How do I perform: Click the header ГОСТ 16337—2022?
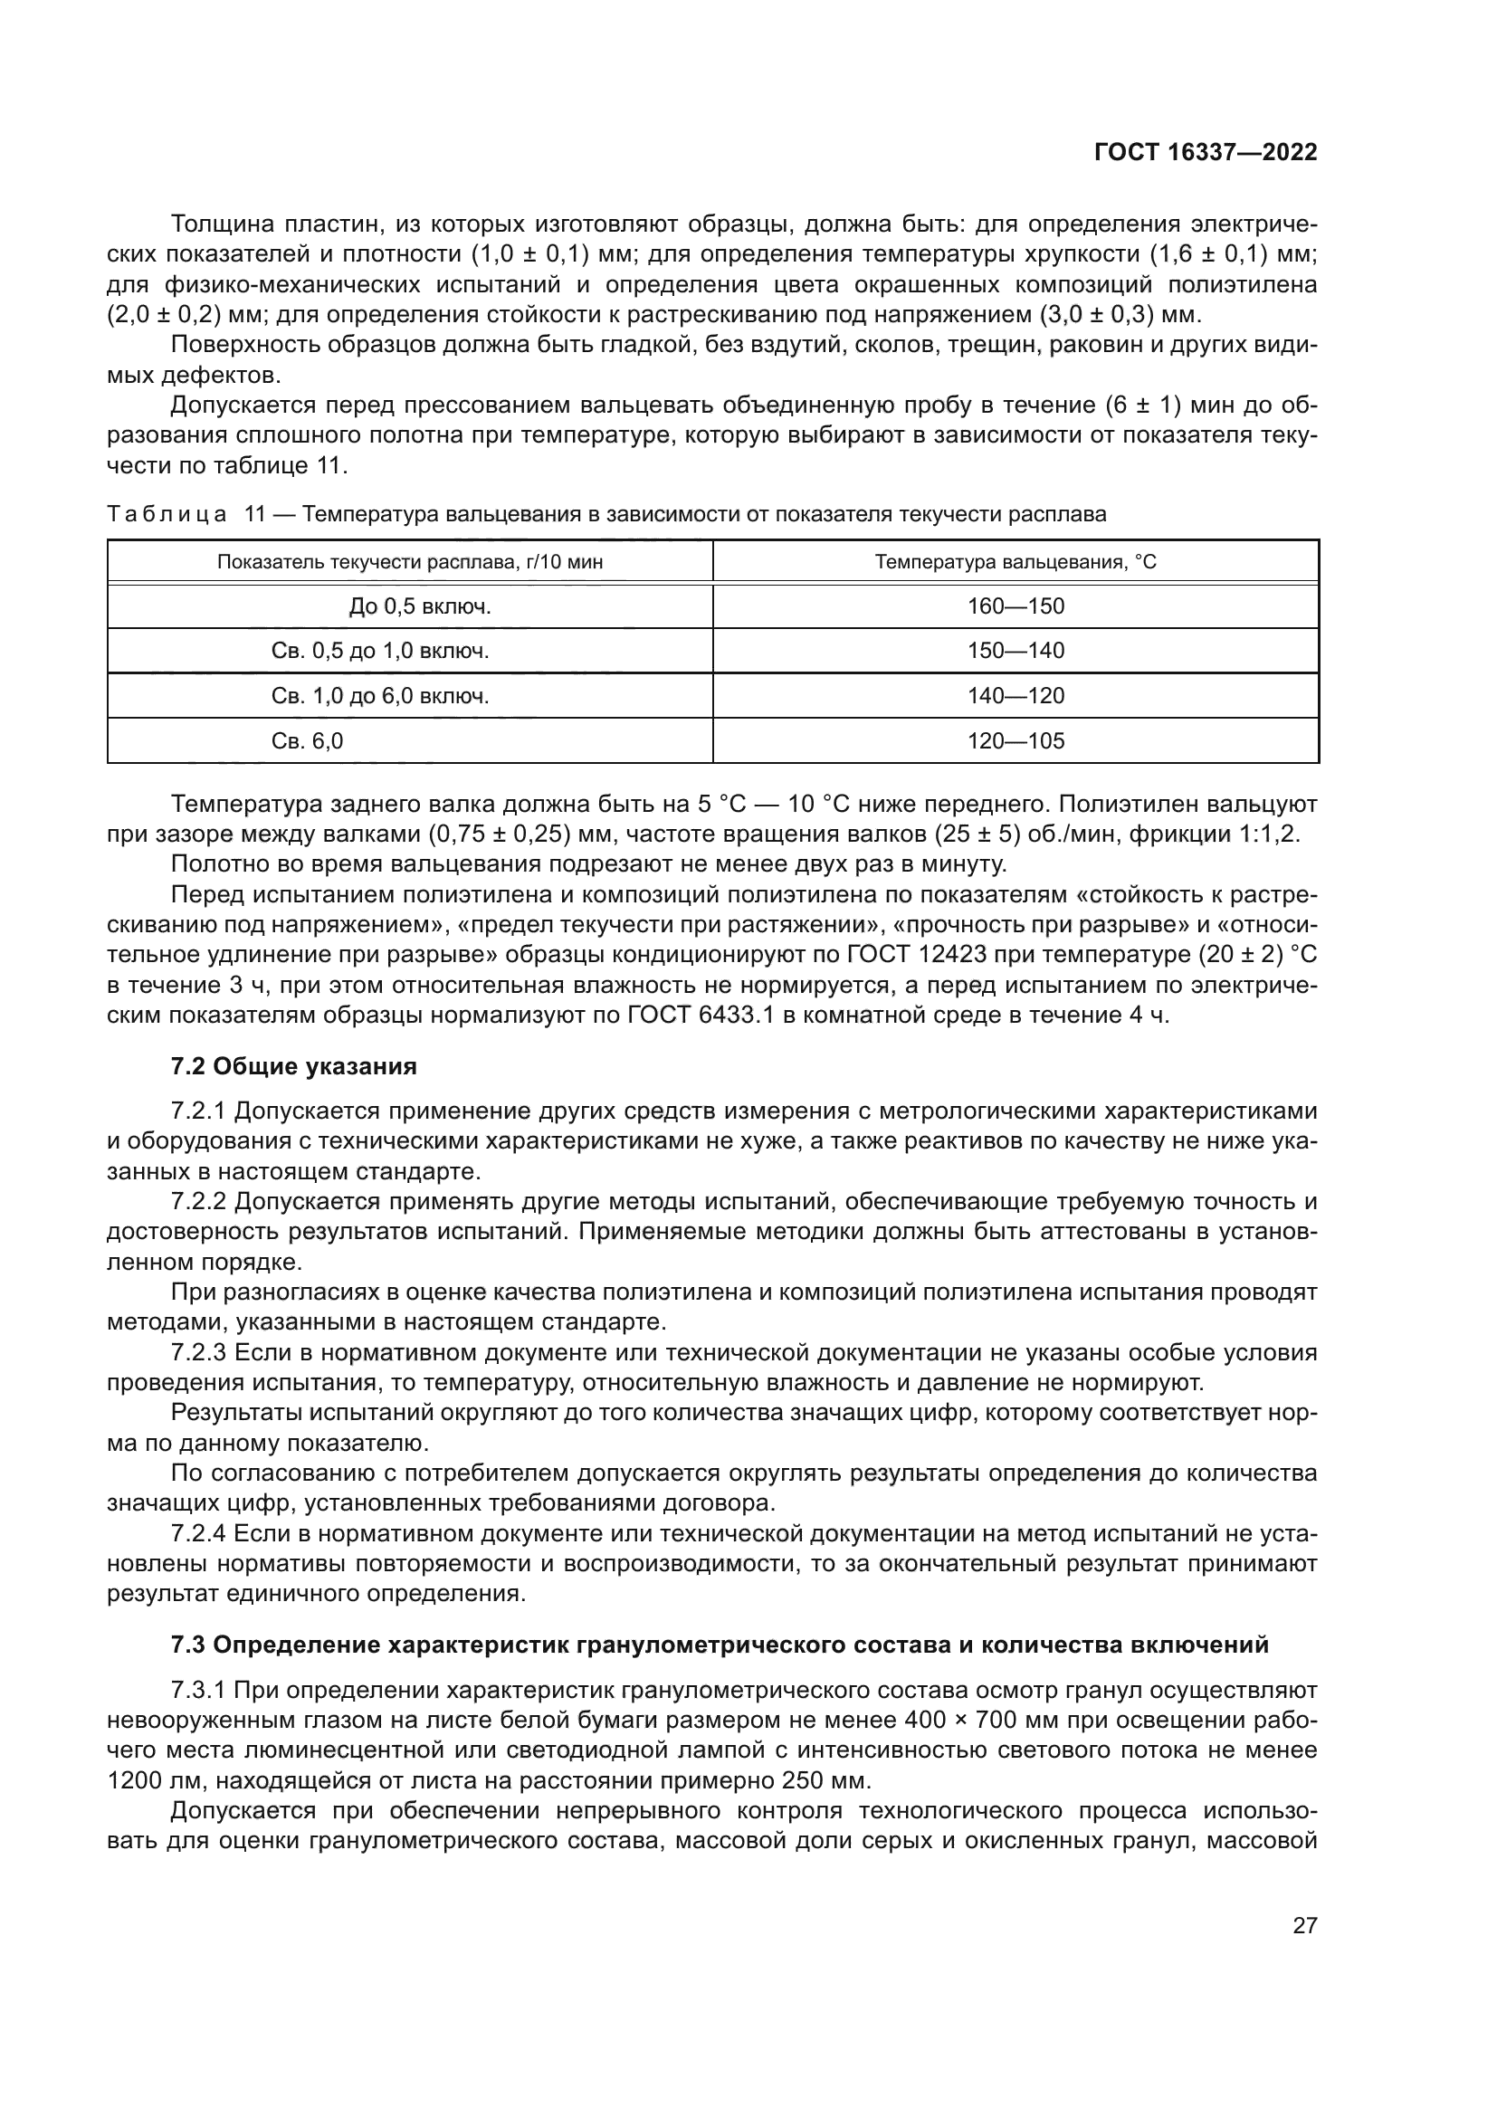tap(1206, 152)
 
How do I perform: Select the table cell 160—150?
tap(1015, 606)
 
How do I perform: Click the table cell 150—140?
tap(1015, 651)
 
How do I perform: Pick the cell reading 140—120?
tap(1015, 696)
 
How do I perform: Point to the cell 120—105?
tap(1015, 740)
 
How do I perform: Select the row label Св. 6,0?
tap(308, 740)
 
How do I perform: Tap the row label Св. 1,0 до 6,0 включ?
tap(380, 696)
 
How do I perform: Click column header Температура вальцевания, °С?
tap(1015, 561)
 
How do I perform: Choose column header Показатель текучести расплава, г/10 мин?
tap(410, 561)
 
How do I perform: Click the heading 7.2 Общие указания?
tap(294, 1067)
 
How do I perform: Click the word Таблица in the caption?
tap(167, 514)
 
